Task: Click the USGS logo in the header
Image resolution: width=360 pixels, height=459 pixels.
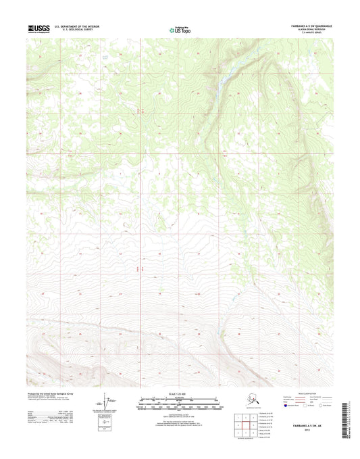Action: [x=39, y=28]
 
